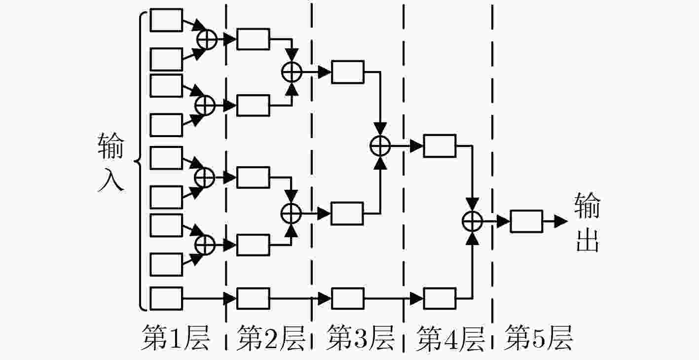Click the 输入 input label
111,162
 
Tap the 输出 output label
588,222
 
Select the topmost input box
166,20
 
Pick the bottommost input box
166,299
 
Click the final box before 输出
526,221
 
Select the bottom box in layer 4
440,299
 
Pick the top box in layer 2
253,39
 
